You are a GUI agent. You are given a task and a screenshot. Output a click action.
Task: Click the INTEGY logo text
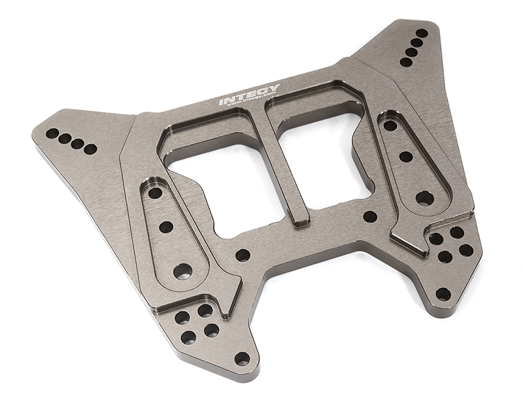[248, 95]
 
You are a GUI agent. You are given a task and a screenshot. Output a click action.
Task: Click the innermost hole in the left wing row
[90, 149]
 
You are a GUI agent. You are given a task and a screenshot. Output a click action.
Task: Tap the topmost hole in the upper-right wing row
[422, 33]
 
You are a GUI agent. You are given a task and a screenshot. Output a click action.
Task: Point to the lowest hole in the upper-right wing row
[405, 62]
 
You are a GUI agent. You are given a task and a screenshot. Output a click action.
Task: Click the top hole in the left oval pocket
[155, 193]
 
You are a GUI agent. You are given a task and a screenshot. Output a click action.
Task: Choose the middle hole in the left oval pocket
[166, 227]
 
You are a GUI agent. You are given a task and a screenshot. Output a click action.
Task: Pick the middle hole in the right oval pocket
[405, 157]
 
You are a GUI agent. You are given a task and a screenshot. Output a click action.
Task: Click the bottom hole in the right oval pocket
[424, 197]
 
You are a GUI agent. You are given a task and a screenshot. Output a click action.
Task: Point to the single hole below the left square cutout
[243, 255]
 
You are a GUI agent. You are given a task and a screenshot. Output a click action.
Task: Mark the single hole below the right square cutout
[370, 217]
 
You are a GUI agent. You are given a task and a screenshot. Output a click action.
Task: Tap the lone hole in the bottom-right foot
[443, 294]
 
